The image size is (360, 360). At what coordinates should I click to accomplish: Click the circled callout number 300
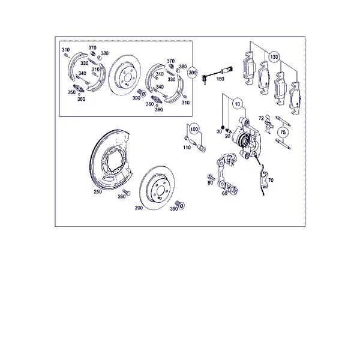[x=193, y=73]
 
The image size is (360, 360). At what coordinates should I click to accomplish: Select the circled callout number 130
[x=274, y=57]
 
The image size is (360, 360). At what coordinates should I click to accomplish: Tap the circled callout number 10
[x=238, y=104]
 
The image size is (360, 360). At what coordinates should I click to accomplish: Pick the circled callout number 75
[x=283, y=133]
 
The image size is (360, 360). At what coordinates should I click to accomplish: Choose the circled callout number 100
[x=194, y=129]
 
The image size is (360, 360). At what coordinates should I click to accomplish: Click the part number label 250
[x=98, y=191]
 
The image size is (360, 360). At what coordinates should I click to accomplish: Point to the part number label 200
[x=139, y=208]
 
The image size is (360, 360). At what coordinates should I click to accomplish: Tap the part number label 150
[x=220, y=79]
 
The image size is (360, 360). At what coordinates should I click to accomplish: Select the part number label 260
[x=122, y=197]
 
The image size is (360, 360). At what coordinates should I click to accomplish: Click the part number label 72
[x=261, y=118]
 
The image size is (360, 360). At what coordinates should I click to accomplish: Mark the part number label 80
[x=211, y=182]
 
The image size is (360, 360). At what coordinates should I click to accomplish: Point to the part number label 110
[x=187, y=148]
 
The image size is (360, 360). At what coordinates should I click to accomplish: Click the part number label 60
[x=224, y=193]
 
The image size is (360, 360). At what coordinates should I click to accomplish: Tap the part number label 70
[x=271, y=180]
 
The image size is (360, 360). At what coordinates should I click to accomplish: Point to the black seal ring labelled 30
[x=222, y=127]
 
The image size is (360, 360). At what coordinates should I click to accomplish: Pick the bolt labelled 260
[x=127, y=192]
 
